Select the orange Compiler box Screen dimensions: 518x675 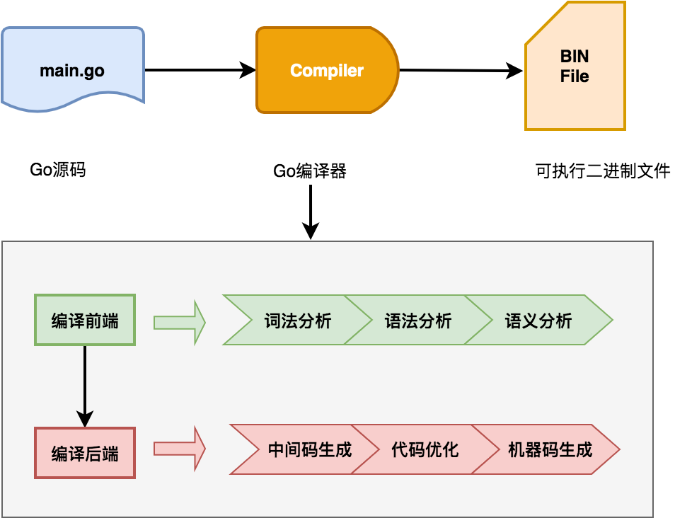click(x=327, y=70)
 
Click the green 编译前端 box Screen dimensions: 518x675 click(x=85, y=320)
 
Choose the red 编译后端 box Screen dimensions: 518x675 click(x=85, y=453)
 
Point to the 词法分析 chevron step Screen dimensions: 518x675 click(x=297, y=320)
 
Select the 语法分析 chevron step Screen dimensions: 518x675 click(x=417, y=320)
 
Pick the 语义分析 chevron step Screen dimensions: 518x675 click(x=538, y=320)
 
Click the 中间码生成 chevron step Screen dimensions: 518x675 click(x=308, y=449)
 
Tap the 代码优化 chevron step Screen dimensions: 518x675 click(x=425, y=449)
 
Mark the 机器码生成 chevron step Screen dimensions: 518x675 click(x=550, y=449)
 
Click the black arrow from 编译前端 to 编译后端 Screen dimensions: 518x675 click(x=85, y=386)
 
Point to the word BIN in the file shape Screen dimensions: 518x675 click(x=575, y=57)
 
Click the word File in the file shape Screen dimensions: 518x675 click(x=575, y=76)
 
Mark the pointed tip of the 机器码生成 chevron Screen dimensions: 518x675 click(x=618, y=449)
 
